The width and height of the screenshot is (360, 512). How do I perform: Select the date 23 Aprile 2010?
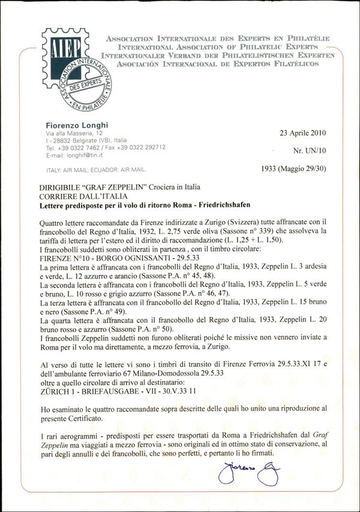pos(303,133)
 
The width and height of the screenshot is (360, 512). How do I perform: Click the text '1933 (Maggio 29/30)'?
pos(294,169)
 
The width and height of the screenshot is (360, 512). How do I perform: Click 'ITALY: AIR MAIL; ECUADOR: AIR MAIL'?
pos(97,170)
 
